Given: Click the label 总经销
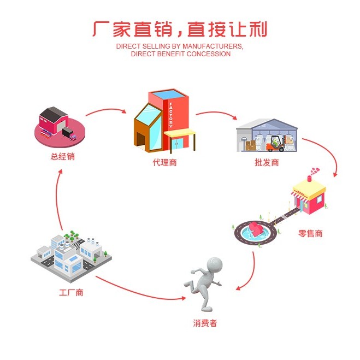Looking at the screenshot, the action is [x=63, y=157].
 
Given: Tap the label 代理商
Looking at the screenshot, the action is [x=164, y=163].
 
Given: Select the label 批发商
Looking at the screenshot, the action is [x=267, y=163].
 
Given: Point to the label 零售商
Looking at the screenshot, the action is [x=310, y=233].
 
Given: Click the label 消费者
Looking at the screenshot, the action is [x=205, y=323].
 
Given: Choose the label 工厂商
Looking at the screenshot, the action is [x=71, y=293].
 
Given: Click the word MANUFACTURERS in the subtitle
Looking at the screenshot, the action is [x=213, y=46].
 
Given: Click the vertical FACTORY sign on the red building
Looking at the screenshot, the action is [x=171, y=115].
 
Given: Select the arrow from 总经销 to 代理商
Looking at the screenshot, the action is [x=105, y=110].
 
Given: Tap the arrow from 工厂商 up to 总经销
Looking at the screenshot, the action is [x=57, y=200].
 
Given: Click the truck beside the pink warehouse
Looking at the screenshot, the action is [x=69, y=134].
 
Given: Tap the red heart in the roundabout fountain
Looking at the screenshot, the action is [x=255, y=229].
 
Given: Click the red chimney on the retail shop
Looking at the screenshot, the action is [x=310, y=179].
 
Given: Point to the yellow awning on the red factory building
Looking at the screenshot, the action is [x=180, y=132].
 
